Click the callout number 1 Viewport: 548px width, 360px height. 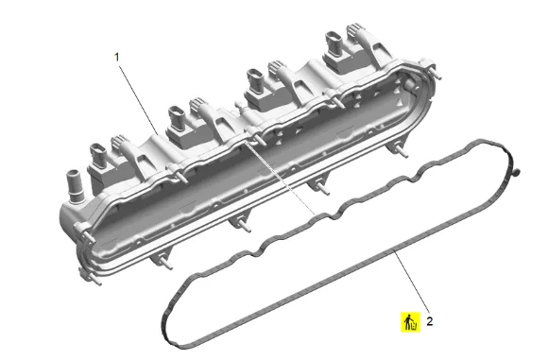[117, 57]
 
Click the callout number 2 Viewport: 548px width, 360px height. [430, 321]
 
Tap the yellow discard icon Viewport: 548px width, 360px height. [410, 322]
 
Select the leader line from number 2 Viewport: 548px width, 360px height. [411, 280]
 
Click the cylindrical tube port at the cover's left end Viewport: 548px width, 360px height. [75, 186]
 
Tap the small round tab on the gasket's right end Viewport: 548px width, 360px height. [517, 172]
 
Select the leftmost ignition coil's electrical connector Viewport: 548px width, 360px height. [98, 156]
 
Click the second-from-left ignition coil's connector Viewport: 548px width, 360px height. [177, 117]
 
